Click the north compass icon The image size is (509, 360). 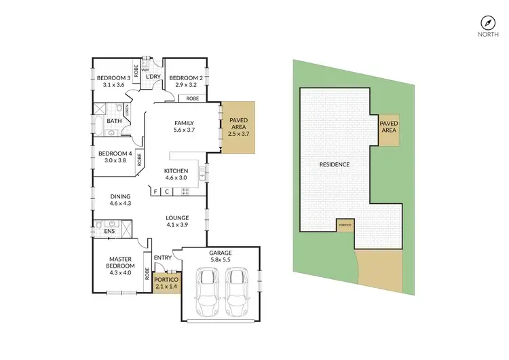(x=486, y=21)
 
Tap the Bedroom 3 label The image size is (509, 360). (x=110, y=77)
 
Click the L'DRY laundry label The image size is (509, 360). (x=153, y=77)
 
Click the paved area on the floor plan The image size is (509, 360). (x=238, y=126)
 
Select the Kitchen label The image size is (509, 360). (x=175, y=170)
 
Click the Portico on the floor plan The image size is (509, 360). (x=165, y=282)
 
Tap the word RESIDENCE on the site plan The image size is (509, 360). (x=335, y=164)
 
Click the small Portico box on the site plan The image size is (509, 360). (x=344, y=225)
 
